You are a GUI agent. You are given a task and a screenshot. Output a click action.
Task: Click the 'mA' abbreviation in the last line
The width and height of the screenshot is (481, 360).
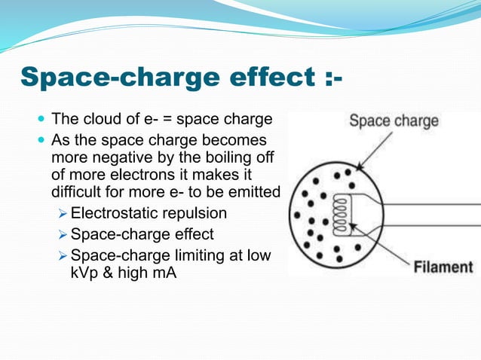tap(162, 273)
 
